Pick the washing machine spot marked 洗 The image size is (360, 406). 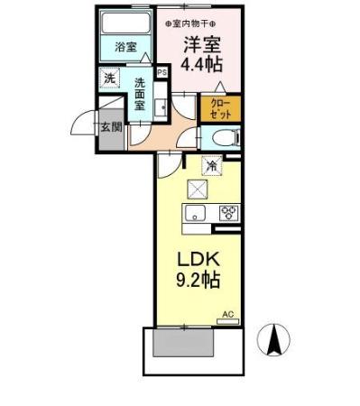pos(108,78)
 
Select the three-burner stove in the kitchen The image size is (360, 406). pos(227,214)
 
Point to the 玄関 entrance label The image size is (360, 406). pos(111,126)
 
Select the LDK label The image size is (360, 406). pos(198,259)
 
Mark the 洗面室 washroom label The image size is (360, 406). pos(141,94)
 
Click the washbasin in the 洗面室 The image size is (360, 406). pos(161,109)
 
